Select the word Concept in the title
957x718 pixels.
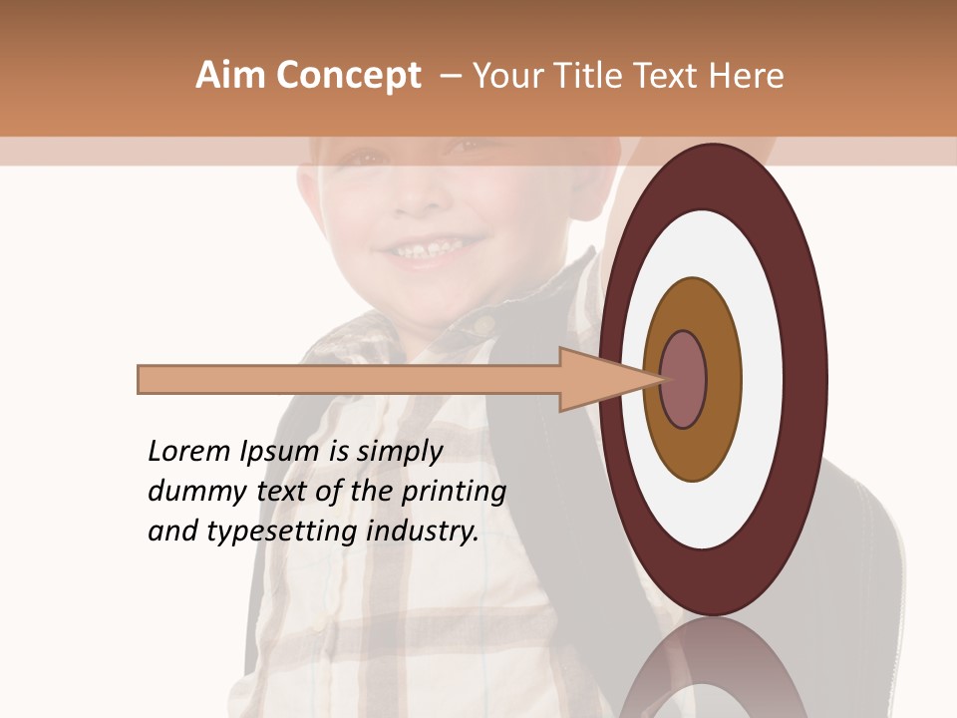[349, 76]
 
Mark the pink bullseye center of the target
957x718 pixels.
[685, 380]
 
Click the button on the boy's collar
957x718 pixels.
[484, 325]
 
